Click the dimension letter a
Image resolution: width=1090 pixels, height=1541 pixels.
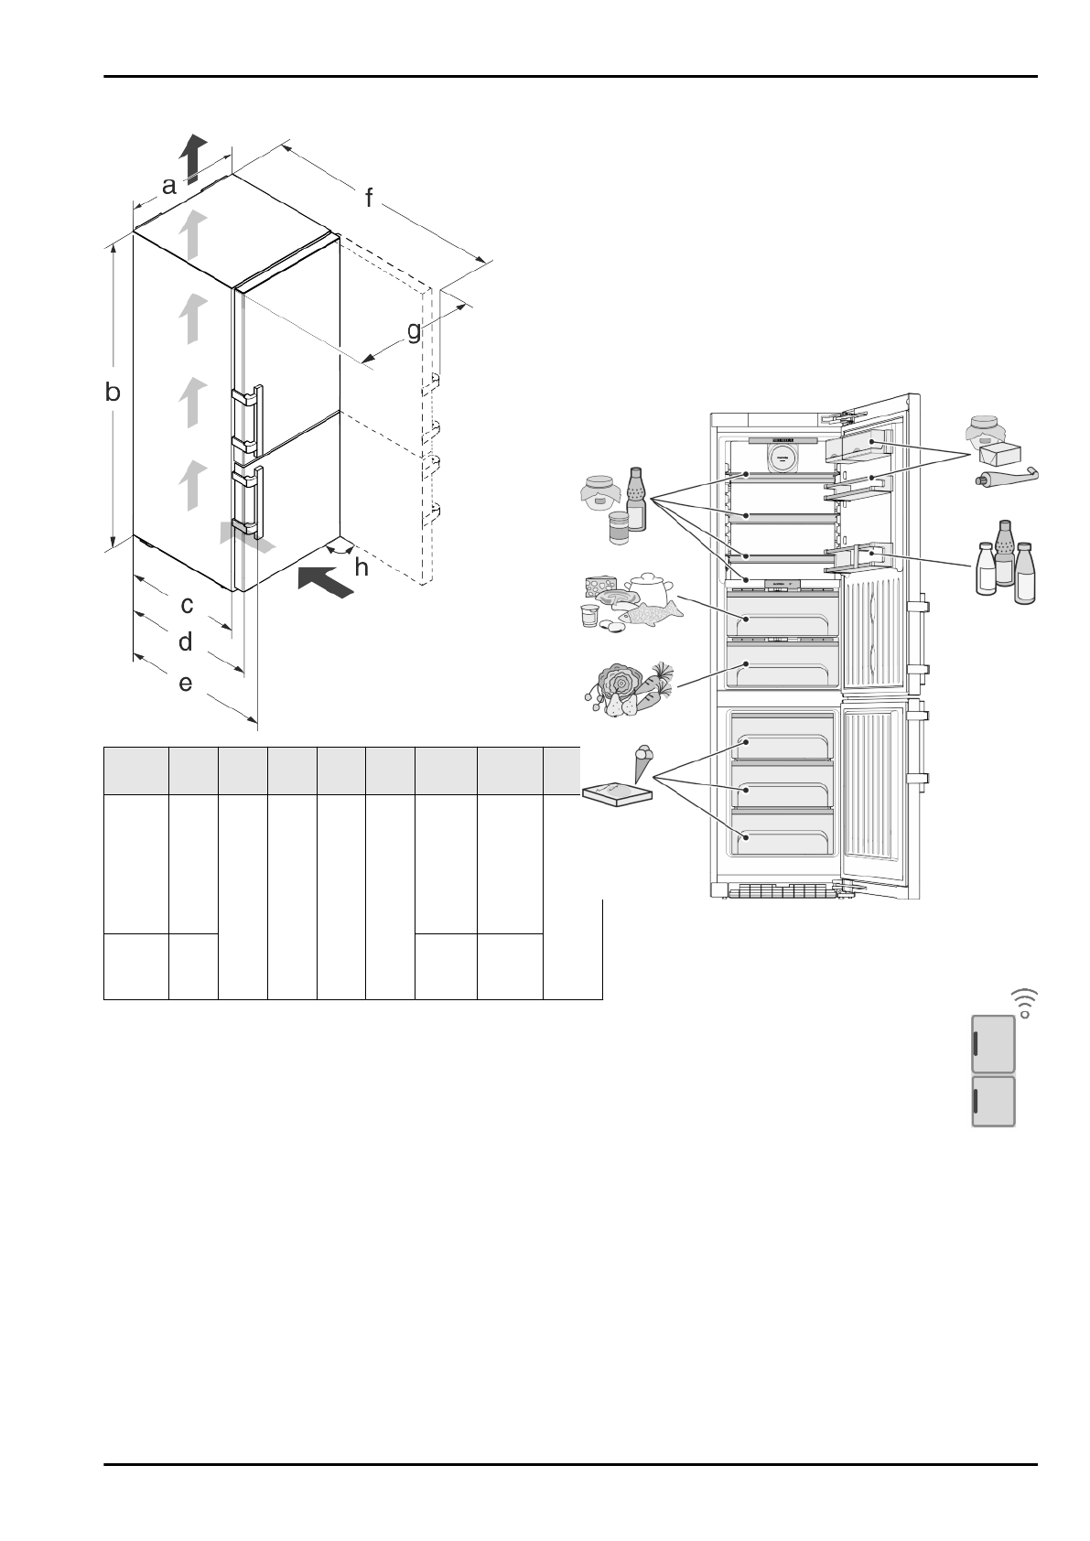(x=169, y=187)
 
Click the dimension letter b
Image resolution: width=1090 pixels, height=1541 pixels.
(x=113, y=393)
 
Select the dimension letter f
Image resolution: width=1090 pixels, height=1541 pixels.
(x=370, y=198)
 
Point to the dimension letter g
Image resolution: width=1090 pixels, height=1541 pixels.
(x=415, y=330)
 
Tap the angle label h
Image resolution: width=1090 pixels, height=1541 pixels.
(x=362, y=568)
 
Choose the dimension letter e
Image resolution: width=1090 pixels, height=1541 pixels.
(x=186, y=683)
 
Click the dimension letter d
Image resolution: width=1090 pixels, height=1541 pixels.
(x=186, y=642)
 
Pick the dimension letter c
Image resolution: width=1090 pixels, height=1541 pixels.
(x=187, y=605)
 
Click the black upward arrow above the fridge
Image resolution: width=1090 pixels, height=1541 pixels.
(x=193, y=156)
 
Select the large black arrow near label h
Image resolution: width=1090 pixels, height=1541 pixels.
(x=325, y=582)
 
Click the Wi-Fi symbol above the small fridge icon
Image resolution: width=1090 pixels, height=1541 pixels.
(x=1025, y=1003)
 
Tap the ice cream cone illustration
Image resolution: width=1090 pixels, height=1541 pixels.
(x=644, y=761)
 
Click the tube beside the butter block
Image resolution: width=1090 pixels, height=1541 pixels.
(x=1007, y=476)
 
